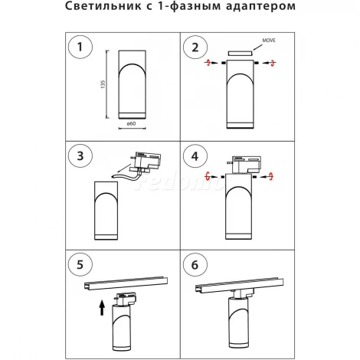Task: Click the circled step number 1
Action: point(80,47)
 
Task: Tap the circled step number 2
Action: point(195,47)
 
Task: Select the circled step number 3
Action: point(80,156)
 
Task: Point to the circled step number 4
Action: point(195,156)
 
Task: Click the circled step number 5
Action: point(80,265)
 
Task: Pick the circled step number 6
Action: point(195,265)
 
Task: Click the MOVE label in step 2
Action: point(269,41)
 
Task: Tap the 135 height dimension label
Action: point(103,84)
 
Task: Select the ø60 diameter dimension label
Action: point(132,123)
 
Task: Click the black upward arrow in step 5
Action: point(102,308)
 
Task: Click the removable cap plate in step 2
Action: point(241,54)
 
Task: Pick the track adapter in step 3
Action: point(146,162)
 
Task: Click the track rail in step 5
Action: point(126,283)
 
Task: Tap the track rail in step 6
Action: point(239,284)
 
